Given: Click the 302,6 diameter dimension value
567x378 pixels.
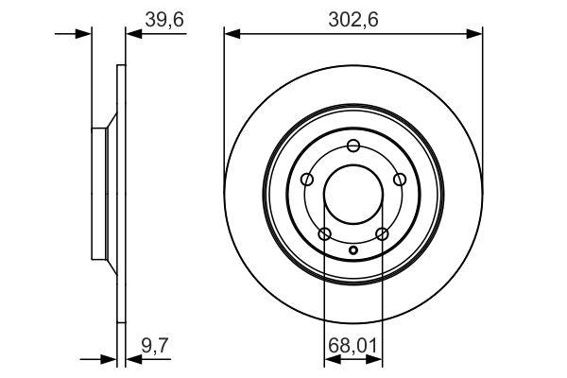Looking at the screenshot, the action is pos(353,19).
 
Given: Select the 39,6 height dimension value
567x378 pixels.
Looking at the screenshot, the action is pos(164,19).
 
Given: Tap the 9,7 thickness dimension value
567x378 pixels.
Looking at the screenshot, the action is pos(155,345).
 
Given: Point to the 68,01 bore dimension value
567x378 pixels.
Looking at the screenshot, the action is pos(352,346).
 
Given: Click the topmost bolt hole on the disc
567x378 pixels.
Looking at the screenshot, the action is pos(353,146).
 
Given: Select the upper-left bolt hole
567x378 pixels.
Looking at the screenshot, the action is pos(307,179).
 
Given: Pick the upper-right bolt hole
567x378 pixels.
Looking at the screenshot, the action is pos(400,179).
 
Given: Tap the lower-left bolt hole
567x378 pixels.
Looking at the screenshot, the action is pos(325,233).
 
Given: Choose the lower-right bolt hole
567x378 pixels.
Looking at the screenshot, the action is pos(382,233).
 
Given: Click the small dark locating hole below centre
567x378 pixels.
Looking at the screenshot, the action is pos(353,249).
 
